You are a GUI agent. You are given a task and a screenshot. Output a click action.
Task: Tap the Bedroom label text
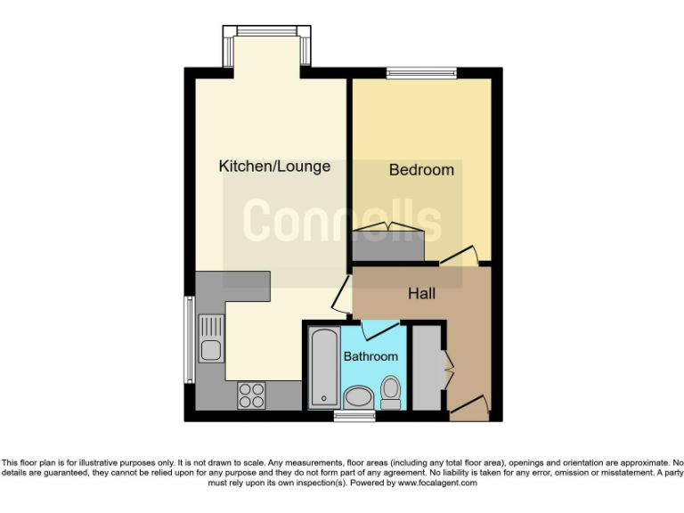pyautogui.click(x=421, y=169)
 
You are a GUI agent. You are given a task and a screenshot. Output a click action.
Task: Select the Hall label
pyautogui.click(x=422, y=293)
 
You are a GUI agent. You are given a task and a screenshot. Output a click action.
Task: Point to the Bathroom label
pyautogui.click(x=370, y=356)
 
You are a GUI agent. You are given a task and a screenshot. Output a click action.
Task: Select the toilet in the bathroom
pyautogui.click(x=390, y=392)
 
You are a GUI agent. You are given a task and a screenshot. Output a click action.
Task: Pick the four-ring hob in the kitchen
pyautogui.click(x=251, y=395)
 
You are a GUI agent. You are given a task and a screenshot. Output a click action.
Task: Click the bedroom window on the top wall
pyautogui.click(x=420, y=73)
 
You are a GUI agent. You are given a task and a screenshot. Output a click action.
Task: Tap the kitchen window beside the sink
pyautogui.click(x=189, y=338)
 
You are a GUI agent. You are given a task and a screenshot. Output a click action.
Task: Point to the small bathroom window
pyautogui.click(x=348, y=416)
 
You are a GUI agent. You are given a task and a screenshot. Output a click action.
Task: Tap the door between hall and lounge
pyautogui.click(x=341, y=291)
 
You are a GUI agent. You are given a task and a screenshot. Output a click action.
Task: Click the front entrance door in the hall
pyautogui.click(x=469, y=408)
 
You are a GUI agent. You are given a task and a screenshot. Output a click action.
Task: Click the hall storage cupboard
pyautogui.click(x=427, y=368)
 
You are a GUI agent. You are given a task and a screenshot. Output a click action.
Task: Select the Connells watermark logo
pyautogui.click(x=343, y=220)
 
